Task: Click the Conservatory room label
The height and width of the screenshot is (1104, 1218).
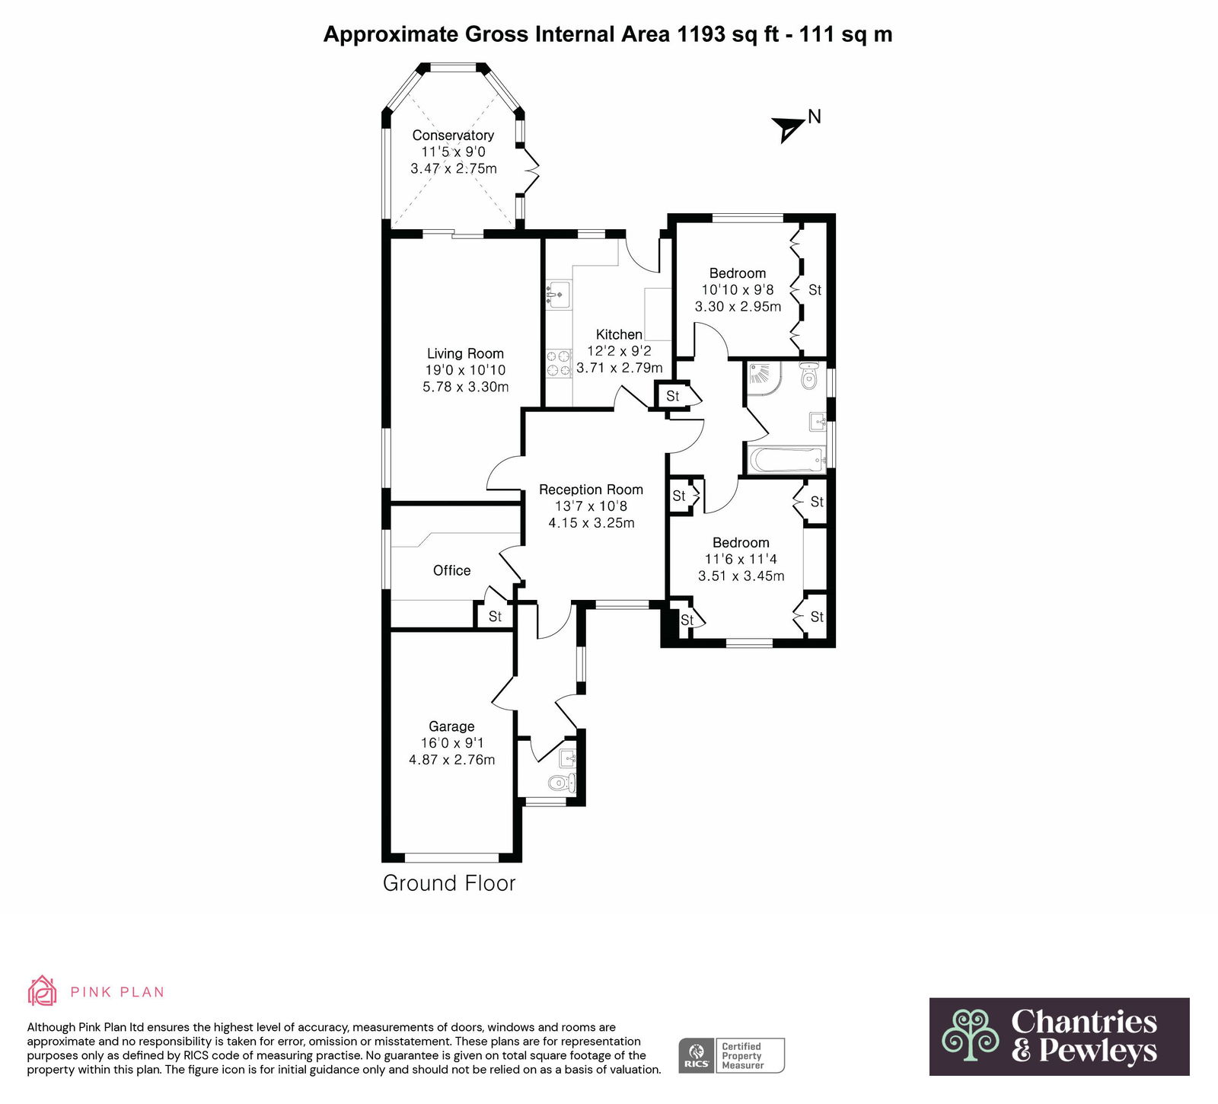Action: [x=453, y=136]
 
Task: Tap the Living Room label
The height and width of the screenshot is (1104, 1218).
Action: [x=465, y=353]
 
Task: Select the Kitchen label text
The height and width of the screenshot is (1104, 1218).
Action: [x=619, y=334]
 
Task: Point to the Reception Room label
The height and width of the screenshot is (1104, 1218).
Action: [x=591, y=490]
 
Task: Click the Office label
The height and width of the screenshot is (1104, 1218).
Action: [x=451, y=570]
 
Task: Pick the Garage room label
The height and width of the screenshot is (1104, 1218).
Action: [x=451, y=726]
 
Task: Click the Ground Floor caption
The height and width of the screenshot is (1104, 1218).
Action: [x=449, y=883]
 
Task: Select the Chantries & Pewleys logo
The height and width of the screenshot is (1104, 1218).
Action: [x=1059, y=1036]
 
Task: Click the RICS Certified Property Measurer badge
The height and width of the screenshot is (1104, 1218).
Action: [x=731, y=1055]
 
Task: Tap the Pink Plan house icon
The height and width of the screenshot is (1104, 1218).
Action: [x=43, y=991]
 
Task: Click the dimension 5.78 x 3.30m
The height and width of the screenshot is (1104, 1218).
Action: [x=465, y=387]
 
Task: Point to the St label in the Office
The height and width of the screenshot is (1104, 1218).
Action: [x=495, y=617]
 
